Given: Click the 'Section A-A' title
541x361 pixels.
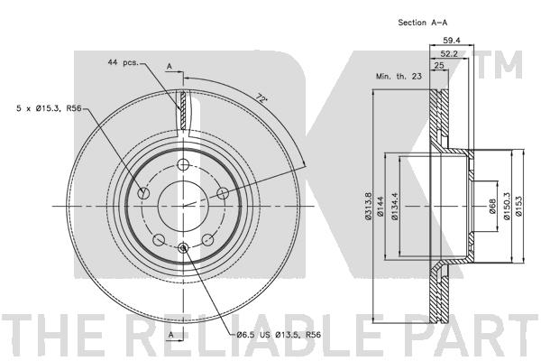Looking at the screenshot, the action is tap(423, 23).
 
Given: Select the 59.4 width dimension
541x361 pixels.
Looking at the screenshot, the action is tap(452, 40).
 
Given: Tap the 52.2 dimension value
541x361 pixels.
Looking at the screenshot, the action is tap(449, 53).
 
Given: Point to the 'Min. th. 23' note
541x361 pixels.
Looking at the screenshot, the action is tap(399, 76).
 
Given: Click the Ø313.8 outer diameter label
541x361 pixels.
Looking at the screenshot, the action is tap(368, 206).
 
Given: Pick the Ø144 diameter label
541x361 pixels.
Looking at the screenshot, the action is tap(381, 207).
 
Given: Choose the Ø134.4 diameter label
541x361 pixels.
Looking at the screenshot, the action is tap(395, 207).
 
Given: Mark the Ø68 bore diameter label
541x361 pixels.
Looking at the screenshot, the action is tap(492, 207).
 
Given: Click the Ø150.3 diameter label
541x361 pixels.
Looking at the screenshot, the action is tap(507, 207).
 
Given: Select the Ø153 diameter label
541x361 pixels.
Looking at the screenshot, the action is tap(519, 207).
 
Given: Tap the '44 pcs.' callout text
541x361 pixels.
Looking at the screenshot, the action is tap(124, 62).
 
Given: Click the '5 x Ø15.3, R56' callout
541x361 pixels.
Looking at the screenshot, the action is tap(49, 108).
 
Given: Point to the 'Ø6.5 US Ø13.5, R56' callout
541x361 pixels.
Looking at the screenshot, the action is tap(279, 335).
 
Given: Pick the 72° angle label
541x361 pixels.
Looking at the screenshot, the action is tap(261, 98).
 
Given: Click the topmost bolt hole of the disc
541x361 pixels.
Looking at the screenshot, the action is tap(183, 164).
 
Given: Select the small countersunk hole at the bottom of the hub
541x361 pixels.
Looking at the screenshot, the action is tap(183, 247).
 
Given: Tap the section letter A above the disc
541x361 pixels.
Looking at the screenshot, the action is tap(170, 66).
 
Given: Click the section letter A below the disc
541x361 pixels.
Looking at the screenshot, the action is tap(171, 335).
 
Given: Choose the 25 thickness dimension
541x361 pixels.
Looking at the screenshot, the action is tap(439, 65).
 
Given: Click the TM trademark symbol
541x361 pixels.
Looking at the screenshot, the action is tap(500, 65).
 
